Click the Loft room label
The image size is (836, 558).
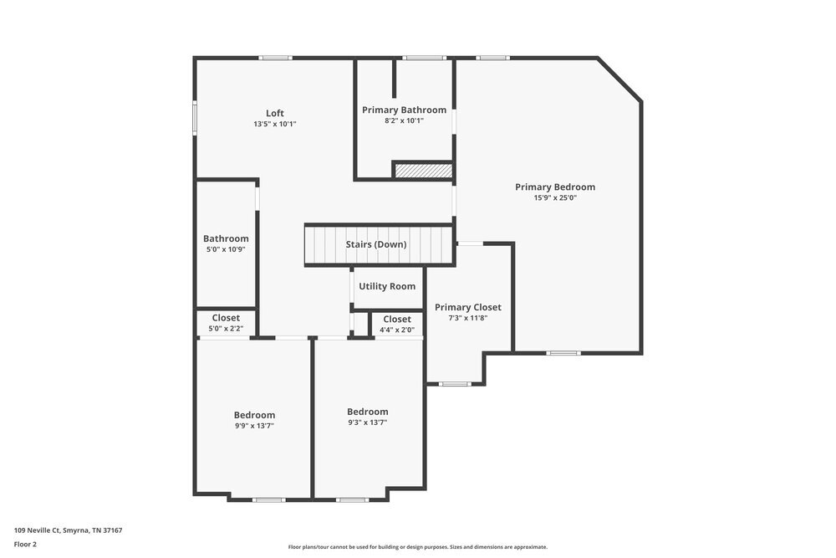click(275, 113)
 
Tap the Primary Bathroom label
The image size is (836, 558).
click(404, 110)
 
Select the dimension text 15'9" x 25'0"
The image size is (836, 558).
click(555, 198)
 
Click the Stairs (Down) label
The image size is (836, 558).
click(376, 244)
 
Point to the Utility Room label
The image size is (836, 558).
click(387, 286)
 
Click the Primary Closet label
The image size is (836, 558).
click(468, 307)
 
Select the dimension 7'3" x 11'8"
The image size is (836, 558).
click(468, 318)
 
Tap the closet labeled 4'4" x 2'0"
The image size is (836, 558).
click(397, 320)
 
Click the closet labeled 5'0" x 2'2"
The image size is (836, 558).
click(226, 318)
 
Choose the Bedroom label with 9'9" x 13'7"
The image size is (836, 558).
click(254, 415)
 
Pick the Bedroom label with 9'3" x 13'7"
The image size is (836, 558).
click(368, 412)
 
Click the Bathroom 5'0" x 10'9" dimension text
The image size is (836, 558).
click(226, 249)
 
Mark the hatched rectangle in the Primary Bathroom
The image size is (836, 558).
click(423, 171)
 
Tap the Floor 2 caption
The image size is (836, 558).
click(25, 544)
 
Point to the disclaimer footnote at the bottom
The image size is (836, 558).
click(418, 546)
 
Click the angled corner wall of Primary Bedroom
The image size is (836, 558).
click(619, 80)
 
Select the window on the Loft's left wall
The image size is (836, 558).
click(195, 117)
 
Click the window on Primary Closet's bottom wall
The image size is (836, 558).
click(455, 384)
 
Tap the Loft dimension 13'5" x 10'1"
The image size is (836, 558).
click(275, 124)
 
